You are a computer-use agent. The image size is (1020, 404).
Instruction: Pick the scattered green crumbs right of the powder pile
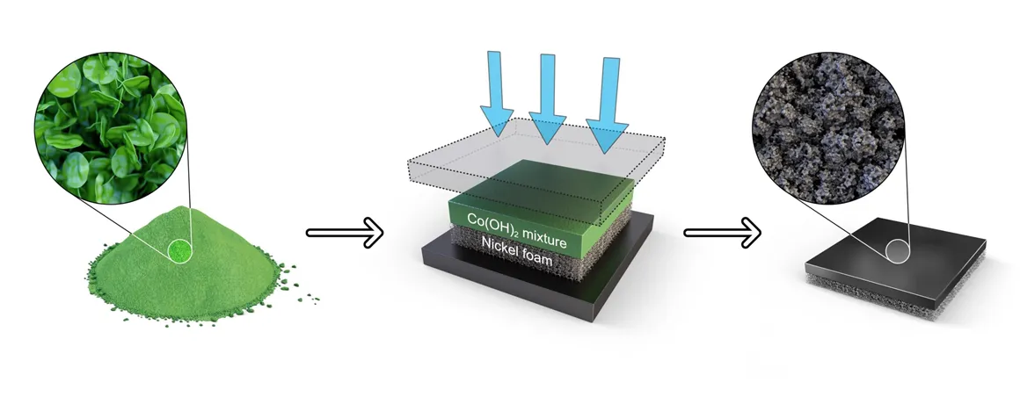(x=299, y=290)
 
